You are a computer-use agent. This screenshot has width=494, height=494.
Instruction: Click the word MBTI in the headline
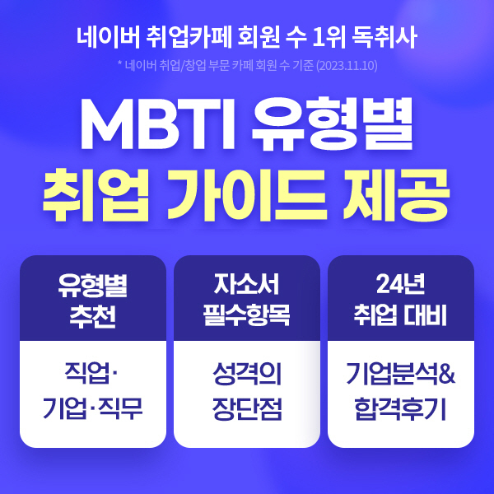click(x=157, y=124)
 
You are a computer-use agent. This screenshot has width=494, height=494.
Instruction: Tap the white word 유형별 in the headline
click(x=332, y=123)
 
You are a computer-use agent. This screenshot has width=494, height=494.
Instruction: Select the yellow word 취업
click(x=96, y=195)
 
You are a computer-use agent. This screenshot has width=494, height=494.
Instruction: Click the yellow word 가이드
click(x=247, y=195)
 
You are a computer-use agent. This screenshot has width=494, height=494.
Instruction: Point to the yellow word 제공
click(x=396, y=195)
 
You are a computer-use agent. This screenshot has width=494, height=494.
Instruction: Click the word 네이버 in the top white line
click(x=109, y=37)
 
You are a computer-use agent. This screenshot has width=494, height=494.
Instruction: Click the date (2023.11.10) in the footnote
click(x=347, y=66)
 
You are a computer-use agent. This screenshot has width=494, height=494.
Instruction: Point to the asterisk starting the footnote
click(x=120, y=63)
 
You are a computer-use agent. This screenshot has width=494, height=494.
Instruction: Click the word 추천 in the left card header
click(x=92, y=317)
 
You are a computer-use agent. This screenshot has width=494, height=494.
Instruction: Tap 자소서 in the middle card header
click(x=246, y=284)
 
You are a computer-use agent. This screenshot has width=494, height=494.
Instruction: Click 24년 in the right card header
click(x=400, y=284)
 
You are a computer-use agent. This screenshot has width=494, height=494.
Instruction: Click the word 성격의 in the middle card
click(x=247, y=374)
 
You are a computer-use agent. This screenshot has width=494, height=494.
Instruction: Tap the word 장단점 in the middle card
click(x=247, y=408)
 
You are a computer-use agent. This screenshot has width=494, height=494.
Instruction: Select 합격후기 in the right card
click(x=400, y=408)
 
